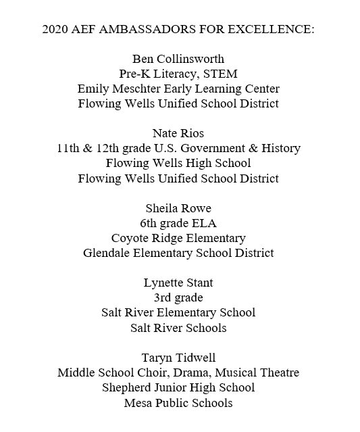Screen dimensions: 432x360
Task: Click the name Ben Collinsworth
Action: (178, 59)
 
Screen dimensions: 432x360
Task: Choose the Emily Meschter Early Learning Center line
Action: (178, 89)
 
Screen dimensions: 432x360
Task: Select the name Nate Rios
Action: (178, 133)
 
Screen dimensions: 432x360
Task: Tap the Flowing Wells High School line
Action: (178, 163)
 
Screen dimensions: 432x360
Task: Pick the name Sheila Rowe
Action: (178, 208)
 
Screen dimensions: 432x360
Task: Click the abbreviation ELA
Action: (205, 223)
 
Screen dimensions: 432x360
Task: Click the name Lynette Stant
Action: (178, 283)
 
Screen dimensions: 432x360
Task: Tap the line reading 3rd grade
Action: (178, 297)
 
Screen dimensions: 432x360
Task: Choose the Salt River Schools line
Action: (178, 328)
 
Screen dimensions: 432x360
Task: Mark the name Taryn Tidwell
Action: (178, 358)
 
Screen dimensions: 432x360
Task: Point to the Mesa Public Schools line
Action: (178, 403)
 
